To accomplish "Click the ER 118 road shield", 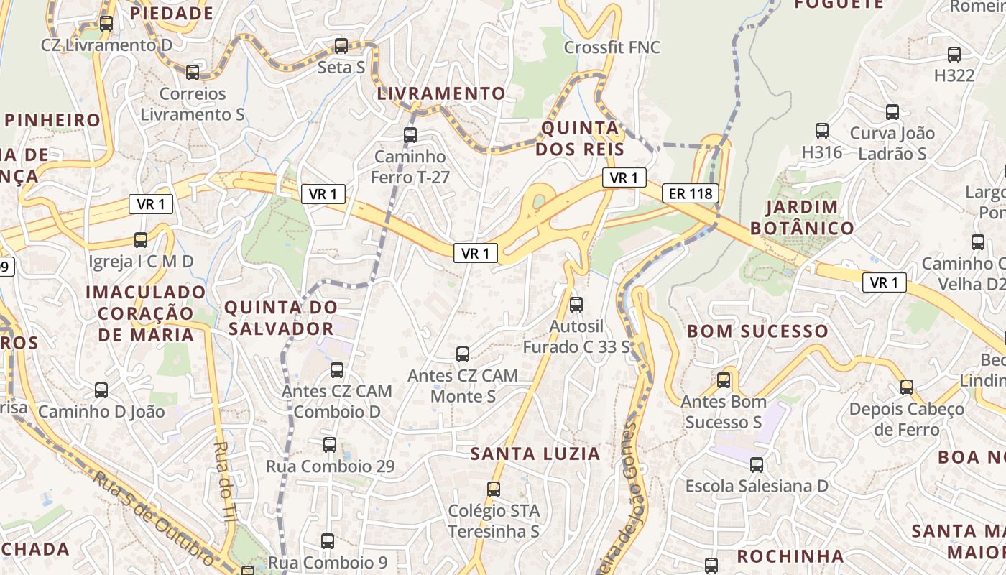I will (690, 193).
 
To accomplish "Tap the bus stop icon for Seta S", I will (341, 46).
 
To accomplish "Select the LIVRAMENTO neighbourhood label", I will (441, 93).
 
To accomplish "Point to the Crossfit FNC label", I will (612, 47).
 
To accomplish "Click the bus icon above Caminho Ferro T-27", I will (410, 134).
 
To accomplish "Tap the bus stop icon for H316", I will (822, 131).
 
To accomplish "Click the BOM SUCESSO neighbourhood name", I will (757, 331).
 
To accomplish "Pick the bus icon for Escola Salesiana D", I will (757, 464).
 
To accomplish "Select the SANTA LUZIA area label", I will (535, 454).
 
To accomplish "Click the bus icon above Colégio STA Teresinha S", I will (494, 489).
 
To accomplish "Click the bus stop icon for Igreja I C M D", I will (141, 240).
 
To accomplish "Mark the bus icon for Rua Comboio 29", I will (330, 445).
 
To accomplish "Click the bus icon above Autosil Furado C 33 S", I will (576, 305).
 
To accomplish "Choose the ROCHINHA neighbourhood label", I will (790, 556).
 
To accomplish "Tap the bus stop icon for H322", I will (954, 55).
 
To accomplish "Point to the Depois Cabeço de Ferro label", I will (907, 419).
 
